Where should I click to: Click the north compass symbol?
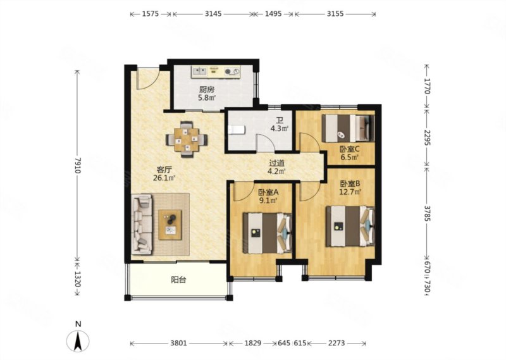click(x=77, y=340)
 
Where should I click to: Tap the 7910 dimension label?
click(x=77, y=165)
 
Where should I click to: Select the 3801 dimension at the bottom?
click(x=178, y=343)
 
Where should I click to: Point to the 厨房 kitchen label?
click(x=207, y=89)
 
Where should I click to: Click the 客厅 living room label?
click(x=164, y=169)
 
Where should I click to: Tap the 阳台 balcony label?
click(x=178, y=280)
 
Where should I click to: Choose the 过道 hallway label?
click(x=277, y=163)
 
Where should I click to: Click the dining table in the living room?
click(x=187, y=139)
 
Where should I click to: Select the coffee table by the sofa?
click(x=170, y=225)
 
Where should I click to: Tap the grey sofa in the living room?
click(x=142, y=223)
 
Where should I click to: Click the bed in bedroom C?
click(x=349, y=128)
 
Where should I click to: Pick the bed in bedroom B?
click(x=350, y=226)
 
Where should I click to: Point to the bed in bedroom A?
click(x=268, y=232)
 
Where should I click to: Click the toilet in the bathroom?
click(x=236, y=130)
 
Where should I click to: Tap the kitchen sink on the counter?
click(x=199, y=70)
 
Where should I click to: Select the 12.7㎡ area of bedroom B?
click(x=350, y=192)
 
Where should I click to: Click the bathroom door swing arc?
click(x=268, y=139)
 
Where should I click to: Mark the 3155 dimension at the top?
click(x=335, y=13)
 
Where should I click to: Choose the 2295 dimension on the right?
click(x=428, y=137)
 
